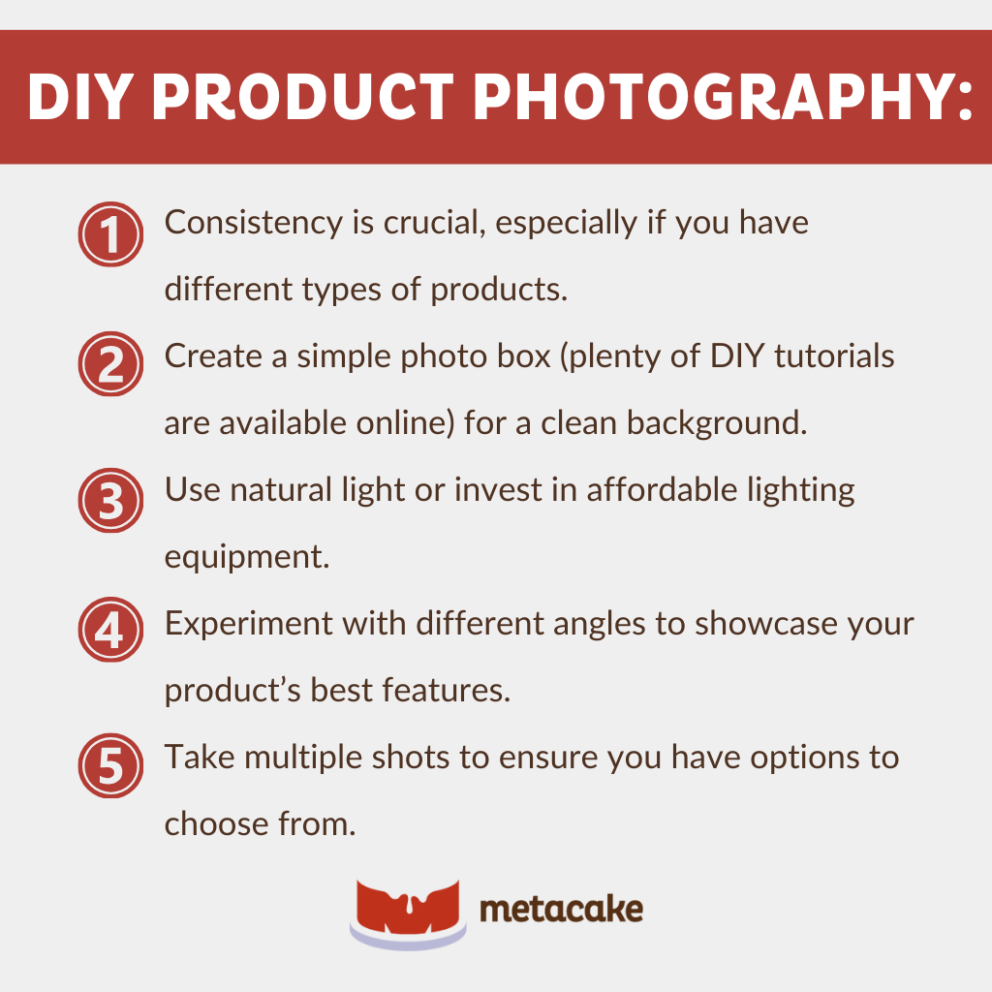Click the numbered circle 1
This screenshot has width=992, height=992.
point(109,235)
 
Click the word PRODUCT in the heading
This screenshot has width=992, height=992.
point(321,97)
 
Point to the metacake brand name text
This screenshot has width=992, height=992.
point(561,910)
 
